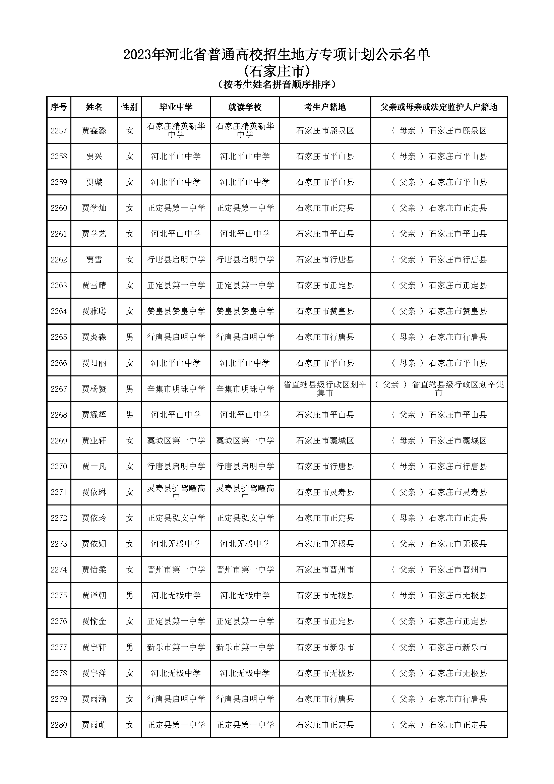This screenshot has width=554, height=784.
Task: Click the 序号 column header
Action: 58,107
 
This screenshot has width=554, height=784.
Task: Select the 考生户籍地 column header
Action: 325,107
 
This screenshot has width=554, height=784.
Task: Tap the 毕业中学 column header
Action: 176,107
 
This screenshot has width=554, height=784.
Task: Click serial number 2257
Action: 58,130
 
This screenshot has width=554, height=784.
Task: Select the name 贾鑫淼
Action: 94,130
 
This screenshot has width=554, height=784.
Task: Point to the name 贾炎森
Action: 94,337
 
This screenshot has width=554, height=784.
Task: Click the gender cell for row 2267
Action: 129,389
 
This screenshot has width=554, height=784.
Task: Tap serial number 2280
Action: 58,725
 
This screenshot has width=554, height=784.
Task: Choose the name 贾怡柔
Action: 94,569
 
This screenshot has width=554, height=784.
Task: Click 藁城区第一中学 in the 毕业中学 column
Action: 176,440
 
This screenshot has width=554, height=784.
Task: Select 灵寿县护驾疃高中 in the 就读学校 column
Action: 245,492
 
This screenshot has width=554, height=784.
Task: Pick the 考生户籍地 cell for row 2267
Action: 325,389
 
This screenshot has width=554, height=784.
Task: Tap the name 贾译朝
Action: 94,596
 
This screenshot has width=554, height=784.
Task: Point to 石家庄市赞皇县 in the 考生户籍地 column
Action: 325,311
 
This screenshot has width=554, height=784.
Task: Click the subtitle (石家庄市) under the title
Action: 277,71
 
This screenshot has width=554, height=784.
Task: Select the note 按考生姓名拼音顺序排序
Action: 277,84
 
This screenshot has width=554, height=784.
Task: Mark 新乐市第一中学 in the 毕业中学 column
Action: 176,647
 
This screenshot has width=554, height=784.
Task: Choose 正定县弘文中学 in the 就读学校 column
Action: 245,518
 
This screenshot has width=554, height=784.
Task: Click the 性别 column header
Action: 129,107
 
